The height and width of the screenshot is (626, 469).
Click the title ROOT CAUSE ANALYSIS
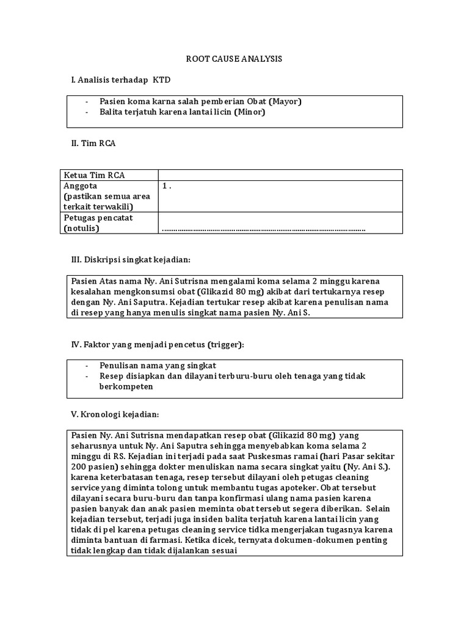[234, 59]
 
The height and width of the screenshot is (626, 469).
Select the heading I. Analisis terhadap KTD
[117, 80]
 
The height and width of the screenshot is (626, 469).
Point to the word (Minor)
[249, 112]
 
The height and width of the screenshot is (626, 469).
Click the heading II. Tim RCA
[93, 143]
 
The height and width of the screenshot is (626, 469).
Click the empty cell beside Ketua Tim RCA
[280, 175]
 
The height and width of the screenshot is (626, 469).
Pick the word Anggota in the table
[80, 186]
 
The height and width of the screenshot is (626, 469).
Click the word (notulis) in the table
[81, 229]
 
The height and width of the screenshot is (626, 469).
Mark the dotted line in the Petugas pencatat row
[263, 229]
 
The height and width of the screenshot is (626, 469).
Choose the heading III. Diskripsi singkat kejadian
[131, 260]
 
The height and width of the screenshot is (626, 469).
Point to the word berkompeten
[126, 387]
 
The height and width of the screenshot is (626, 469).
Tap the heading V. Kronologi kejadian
[115, 414]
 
